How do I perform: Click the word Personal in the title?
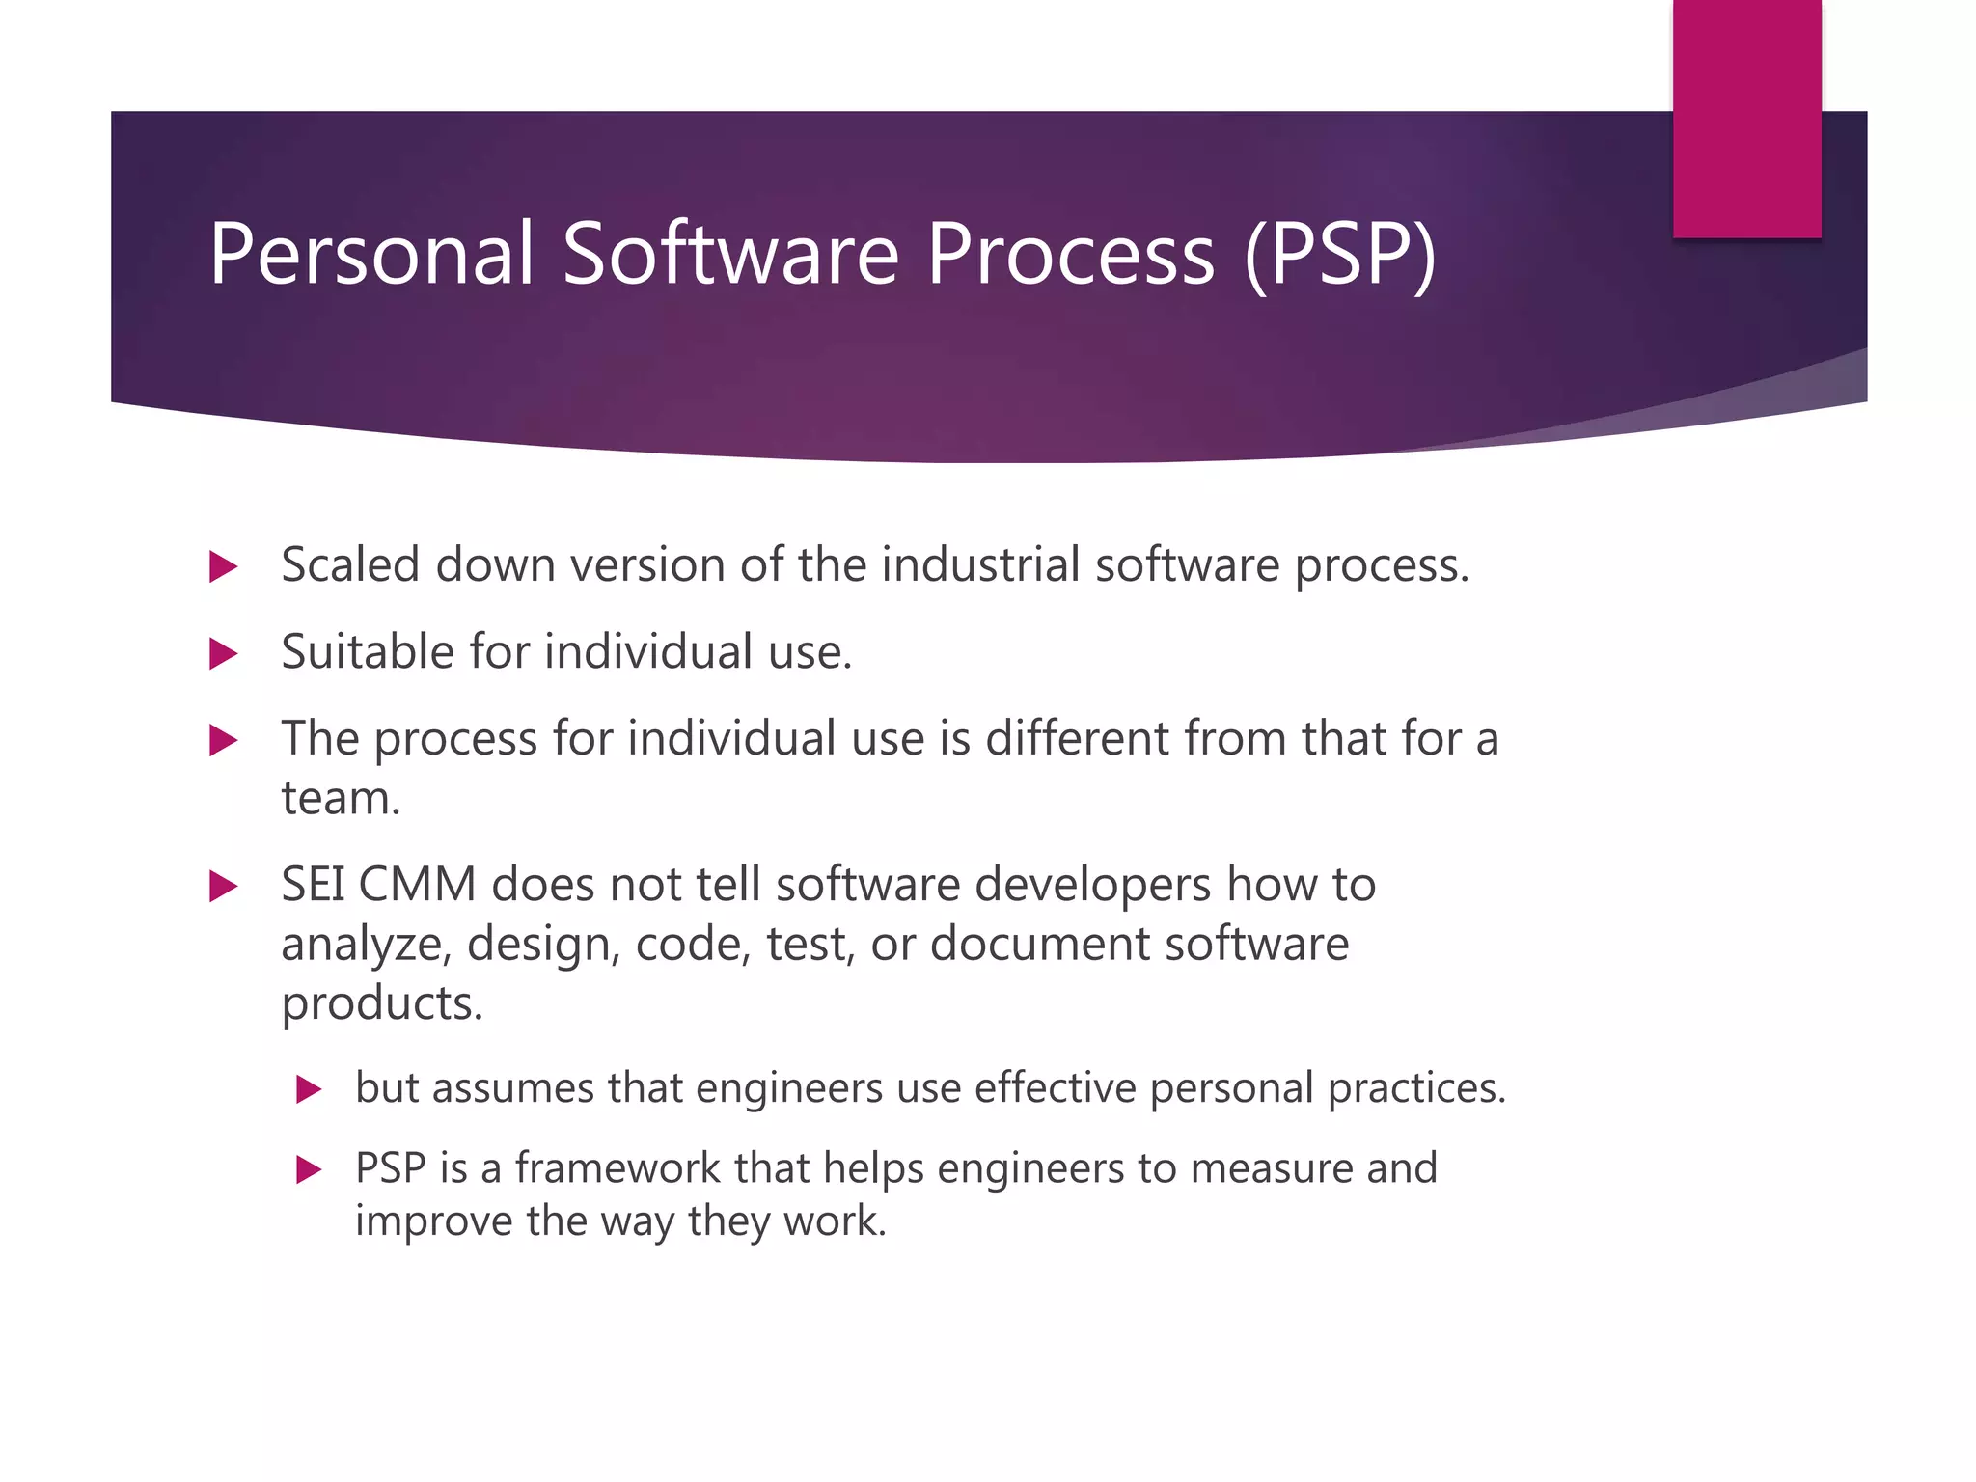click(371, 254)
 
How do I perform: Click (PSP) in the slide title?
click(1341, 254)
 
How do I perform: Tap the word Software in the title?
click(730, 254)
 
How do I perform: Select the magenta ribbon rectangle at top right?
click(1746, 118)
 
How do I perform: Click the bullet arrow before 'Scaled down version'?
click(223, 566)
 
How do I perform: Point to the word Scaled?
click(350, 564)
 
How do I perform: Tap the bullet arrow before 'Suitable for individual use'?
click(223, 654)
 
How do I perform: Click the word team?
click(340, 799)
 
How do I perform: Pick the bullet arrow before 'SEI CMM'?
click(223, 886)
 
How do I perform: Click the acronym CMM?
click(417, 885)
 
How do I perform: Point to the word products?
click(382, 1004)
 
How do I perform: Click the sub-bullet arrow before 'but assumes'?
click(308, 1090)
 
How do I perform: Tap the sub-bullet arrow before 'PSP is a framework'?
click(308, 1170)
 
